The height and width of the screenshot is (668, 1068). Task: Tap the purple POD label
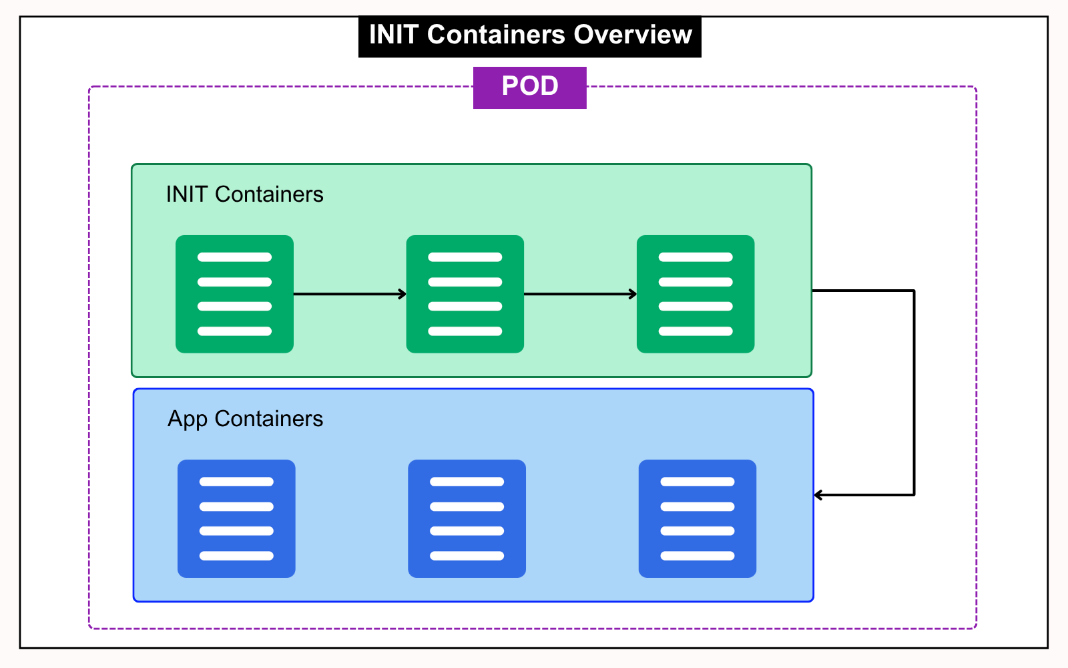(x=529, y=87)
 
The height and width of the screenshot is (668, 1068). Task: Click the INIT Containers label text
(x=244, y=194)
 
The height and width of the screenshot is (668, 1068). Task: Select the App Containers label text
(x=245, y=419)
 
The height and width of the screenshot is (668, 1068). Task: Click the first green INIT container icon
(x=234, y=294)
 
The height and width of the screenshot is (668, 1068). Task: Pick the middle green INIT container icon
(x=465, y=294)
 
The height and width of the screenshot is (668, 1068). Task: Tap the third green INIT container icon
(x=696, y=294)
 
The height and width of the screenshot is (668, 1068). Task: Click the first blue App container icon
(x=236, y=518)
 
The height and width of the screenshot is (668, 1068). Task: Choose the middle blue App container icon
(x=467, y=518)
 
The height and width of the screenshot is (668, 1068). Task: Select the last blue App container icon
(x=698, y=518)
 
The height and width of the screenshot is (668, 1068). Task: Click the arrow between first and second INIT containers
(x=349, y=294)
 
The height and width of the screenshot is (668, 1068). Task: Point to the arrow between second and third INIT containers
(x=579, y=294)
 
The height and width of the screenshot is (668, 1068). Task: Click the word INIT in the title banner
(x=393, y=35)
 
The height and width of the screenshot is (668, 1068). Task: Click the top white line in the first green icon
(x=234, y=257)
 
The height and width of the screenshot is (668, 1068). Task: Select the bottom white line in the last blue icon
(x=698, y=556)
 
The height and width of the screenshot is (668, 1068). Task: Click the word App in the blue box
(x=188, y=420)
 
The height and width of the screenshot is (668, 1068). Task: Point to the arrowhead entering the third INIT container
(x=633, y=294)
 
